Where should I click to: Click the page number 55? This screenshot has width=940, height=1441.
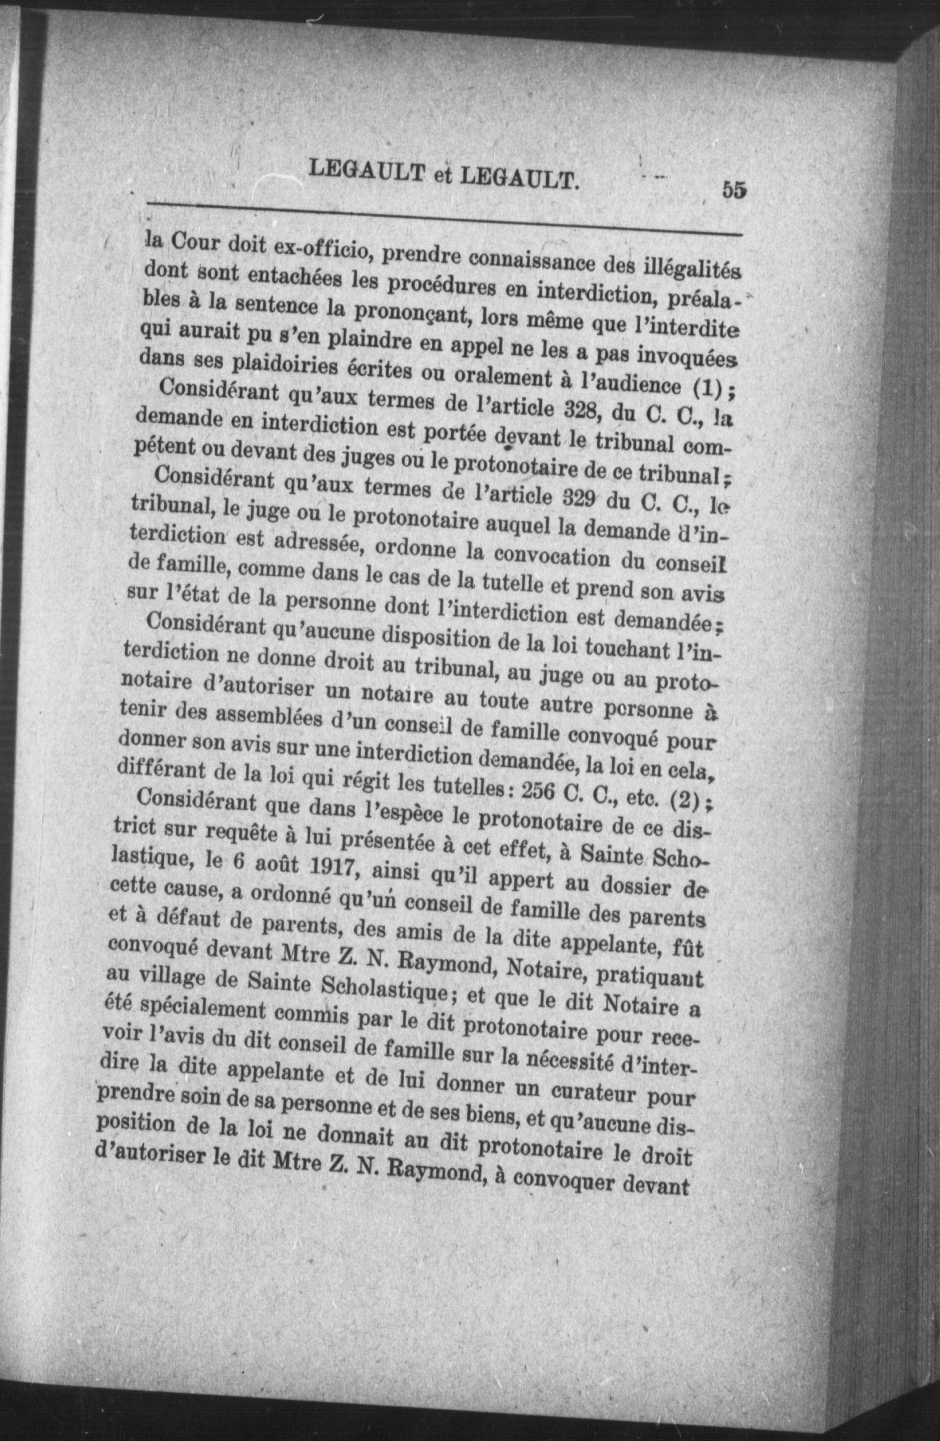pos(733,189)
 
